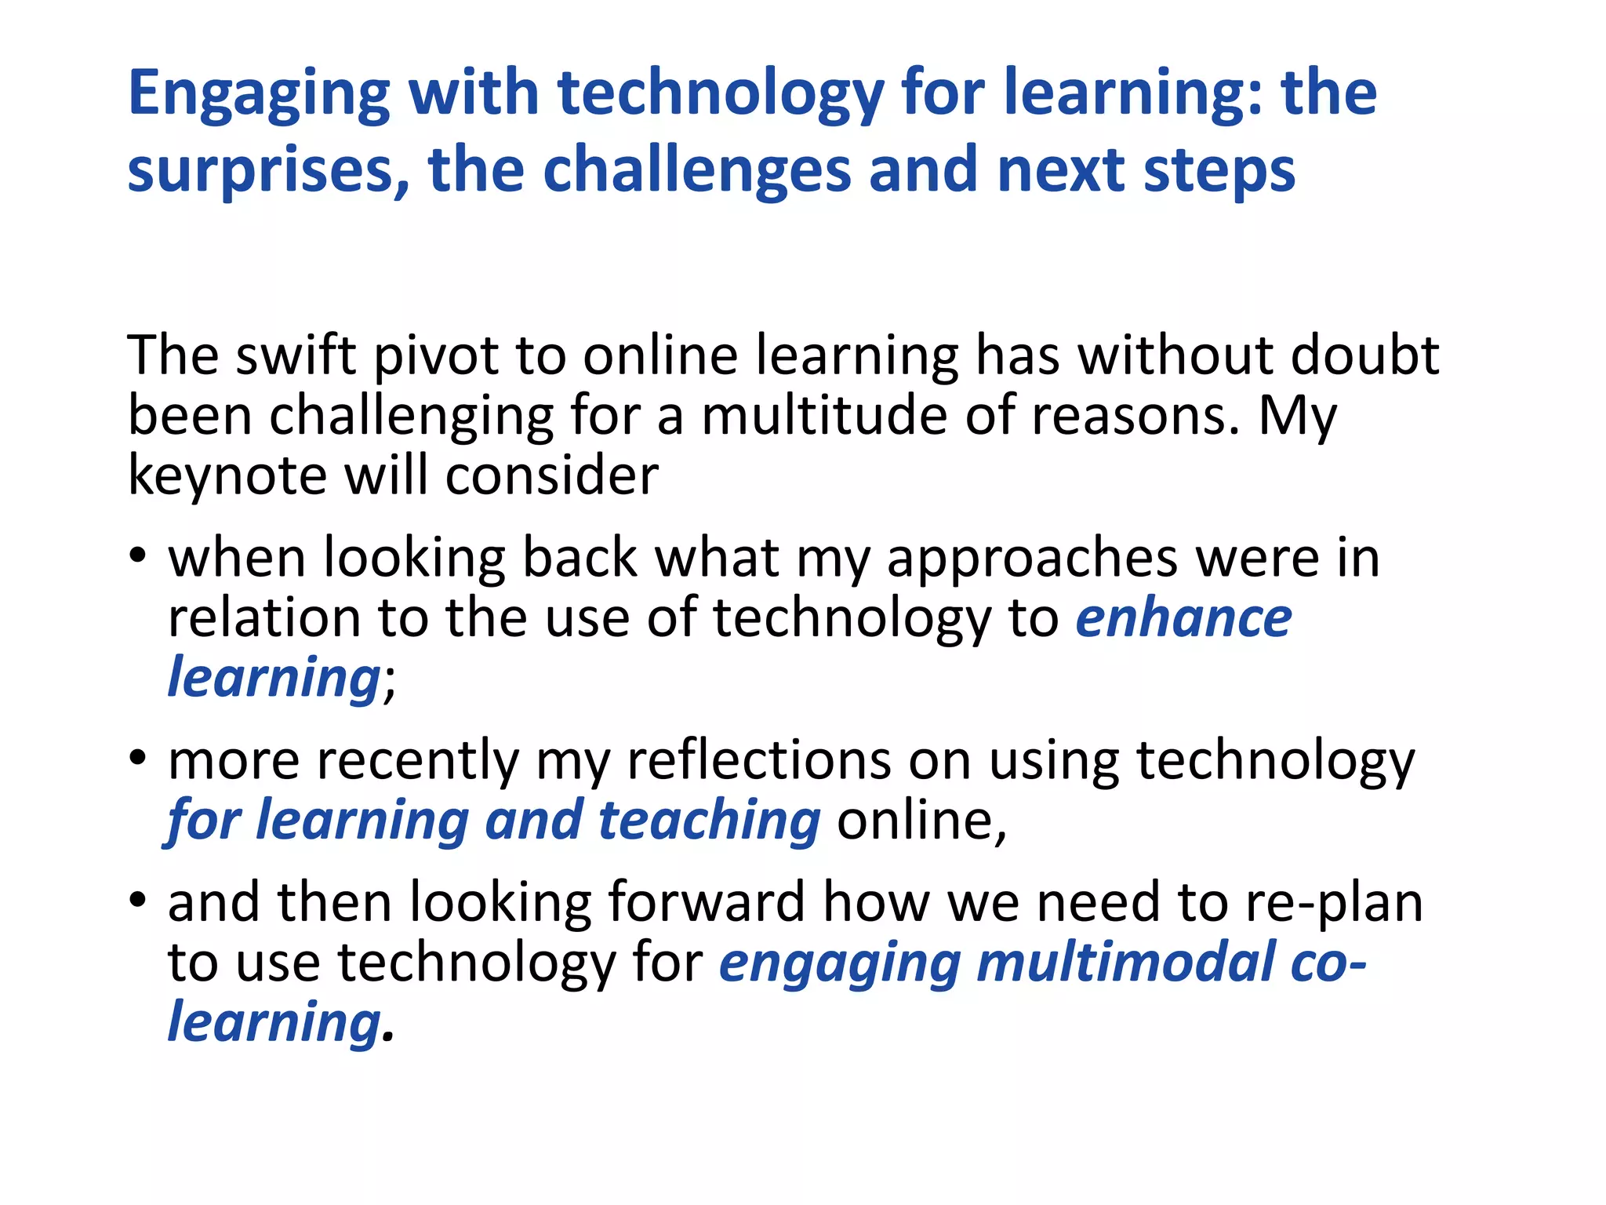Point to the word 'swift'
296,355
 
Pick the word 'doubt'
1364,355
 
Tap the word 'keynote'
227,476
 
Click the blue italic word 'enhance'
1183,618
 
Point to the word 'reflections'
759,760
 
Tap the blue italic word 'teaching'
710,821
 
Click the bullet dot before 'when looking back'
138,556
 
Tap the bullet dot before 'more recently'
138,759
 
